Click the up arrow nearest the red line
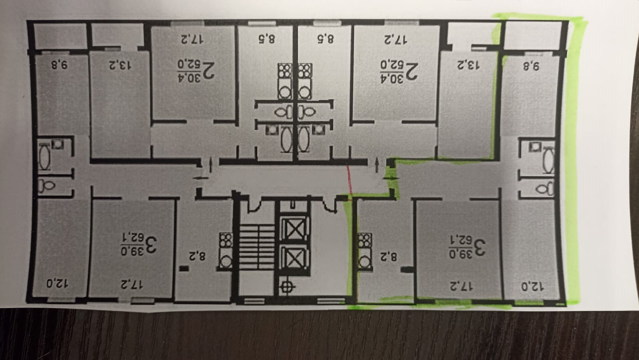(x=377, y=165)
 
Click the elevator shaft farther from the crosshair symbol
(x=294, y=229)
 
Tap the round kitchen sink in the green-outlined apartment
(x=364, y=262)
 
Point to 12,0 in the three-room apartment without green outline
(x=57, y=284)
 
